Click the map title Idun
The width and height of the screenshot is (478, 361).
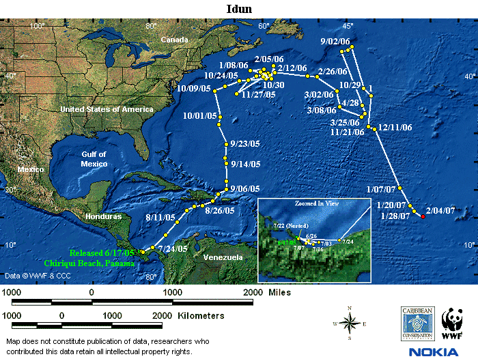(238, 9)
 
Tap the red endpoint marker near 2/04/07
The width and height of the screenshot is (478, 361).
(423, 217)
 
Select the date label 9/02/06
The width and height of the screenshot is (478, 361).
(335, 42)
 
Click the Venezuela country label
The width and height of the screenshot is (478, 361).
(223, 257)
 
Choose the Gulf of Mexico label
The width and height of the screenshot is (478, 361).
(94, 159)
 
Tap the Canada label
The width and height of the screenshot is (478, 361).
(174, 40)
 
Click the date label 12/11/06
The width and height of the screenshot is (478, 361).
(395, 127)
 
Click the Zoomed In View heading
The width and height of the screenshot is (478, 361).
(314, 203)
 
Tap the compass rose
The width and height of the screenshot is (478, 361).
(349, 323)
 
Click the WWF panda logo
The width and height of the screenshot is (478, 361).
(452, 323)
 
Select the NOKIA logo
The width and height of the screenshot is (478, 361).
(433, 351)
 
